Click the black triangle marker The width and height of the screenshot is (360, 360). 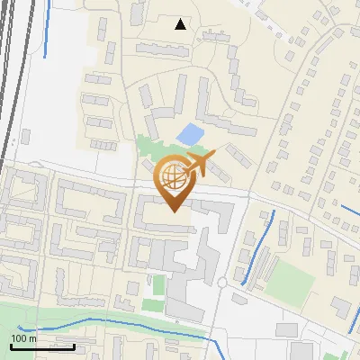point(181,24)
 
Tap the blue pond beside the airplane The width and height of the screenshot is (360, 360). point(191,135)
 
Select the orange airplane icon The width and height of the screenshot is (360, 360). point(200,165)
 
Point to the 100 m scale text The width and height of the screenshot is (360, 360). point(22,338)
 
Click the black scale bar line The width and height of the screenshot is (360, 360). point(42,346)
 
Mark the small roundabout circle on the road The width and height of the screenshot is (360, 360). point(221,283)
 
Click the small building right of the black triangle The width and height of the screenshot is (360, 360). point(216,35)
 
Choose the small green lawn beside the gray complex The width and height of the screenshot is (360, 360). point(158,286)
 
